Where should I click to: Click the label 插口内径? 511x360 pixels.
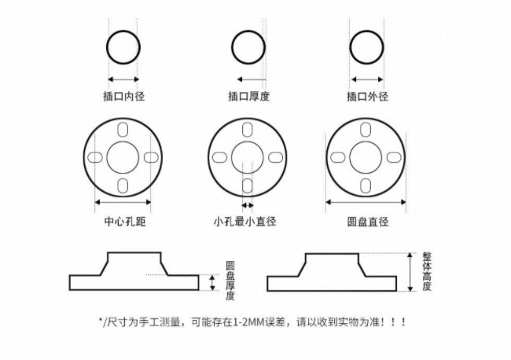(x=125, y=97)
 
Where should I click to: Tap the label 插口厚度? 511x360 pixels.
(x=248, y=97)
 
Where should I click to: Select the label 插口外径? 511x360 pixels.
(x=368, y=97)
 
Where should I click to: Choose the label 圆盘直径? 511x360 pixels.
(x=368, y=222)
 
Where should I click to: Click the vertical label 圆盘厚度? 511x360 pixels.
(x=230, y=281)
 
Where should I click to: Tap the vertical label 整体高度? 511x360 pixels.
(x=427, y=272)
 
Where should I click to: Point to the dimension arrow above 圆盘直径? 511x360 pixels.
(x=366, y=203)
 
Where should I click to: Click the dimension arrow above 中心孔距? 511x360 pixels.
(x=123, y=203)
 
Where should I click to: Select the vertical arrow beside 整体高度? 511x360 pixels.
(x=410, y=272)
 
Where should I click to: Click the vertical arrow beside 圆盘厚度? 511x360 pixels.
(x=211, y=282)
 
